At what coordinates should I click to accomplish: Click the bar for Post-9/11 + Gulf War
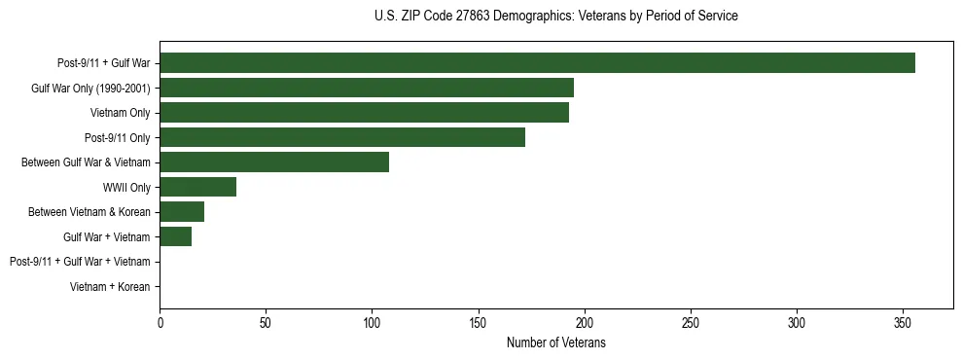point(537,63)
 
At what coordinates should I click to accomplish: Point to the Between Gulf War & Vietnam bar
point(274,162)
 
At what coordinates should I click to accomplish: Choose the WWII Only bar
point(197,187)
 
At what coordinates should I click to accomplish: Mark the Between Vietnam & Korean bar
point(182,211)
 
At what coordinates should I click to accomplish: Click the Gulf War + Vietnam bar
point(175,236)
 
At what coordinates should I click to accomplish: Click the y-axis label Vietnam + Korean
point(110,286)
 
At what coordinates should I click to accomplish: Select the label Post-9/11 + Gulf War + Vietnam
point(80,262)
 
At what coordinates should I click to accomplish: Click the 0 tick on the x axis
point(160,321)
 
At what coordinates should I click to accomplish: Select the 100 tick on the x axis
point(372,321)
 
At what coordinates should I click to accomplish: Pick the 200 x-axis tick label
point(585,321)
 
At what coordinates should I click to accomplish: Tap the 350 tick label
point(903,321)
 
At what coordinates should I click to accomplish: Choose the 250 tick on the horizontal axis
point(691,321)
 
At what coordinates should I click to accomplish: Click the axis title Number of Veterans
point(556,342)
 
